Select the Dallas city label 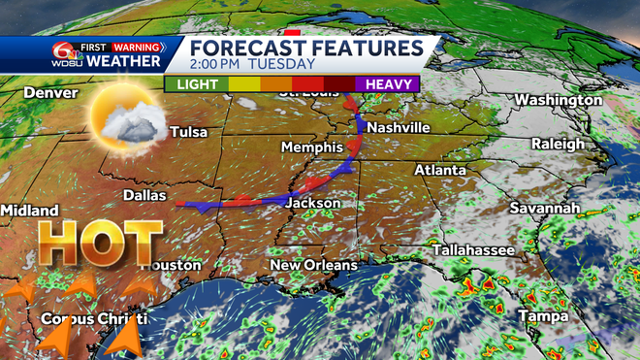pyautogui.click(x=146, y=194)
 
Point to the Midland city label pyautogui.click(x=29, y=211)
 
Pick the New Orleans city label pyautogui.click(x=313, y=265)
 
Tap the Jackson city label pyautogui.click(x=313, y=203)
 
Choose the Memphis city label pyautogui.click(x=311, y=147)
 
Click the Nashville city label pyautogui.click(x=399, y=128)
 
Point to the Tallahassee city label pyautogui.click(x=473, y=249)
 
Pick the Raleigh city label pyautogui.click(x=558, y=144)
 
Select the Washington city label pyautogui.click(x=559, y=100)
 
